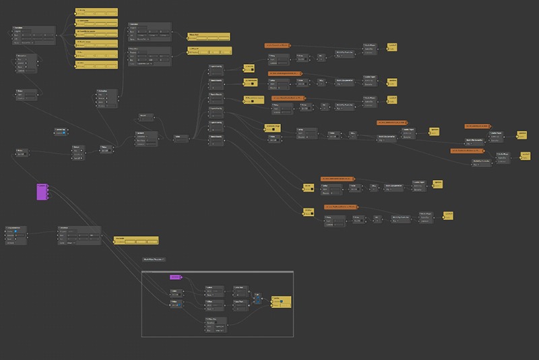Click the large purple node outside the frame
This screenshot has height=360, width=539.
(42, 191)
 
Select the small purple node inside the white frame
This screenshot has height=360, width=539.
(175, 278)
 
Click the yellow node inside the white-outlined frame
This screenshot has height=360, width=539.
(281, 301)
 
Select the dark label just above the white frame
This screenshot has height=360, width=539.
(154, 259)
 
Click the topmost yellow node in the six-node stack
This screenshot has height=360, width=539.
(96, 12)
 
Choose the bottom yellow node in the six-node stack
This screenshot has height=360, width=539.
(96, 65)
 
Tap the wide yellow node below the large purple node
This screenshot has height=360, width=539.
(135, 239)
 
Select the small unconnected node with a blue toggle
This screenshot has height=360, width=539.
(61, 131)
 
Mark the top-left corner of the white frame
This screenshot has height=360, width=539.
(144, 271)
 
